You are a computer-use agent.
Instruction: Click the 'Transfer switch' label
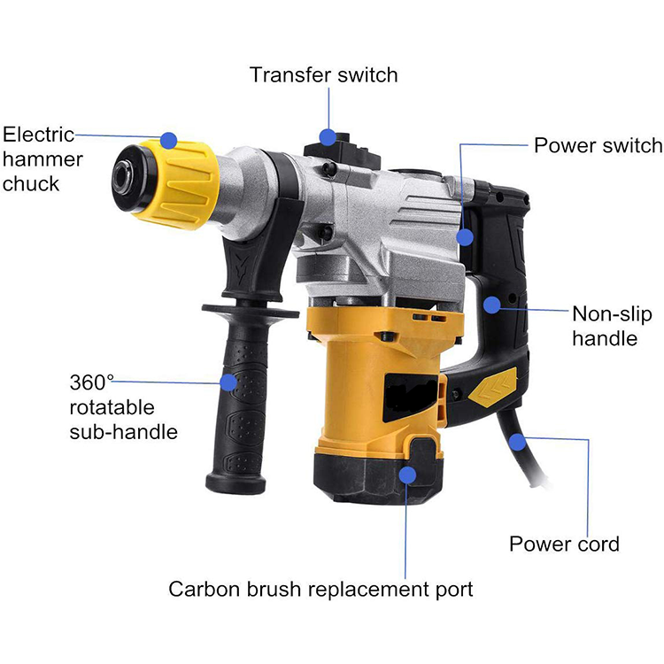[324, 75]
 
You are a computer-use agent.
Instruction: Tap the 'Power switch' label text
[598, 145]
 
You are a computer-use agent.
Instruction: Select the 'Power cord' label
[564, 544]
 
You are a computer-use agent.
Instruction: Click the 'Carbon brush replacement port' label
[320, 589]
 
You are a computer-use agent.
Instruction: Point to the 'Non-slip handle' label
[612, 326]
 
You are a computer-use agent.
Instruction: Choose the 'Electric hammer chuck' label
[42, 159]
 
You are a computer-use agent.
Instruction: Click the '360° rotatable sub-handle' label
[123, 407]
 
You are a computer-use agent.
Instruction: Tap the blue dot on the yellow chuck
[168, 140]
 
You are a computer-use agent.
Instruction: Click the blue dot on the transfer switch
[328, 137]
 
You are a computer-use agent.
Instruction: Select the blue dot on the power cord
[518, 443]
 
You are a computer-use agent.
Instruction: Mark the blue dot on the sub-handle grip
[228, 382]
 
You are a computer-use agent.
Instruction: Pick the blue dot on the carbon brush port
[407, 475]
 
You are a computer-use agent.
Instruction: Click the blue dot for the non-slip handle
[492, 305]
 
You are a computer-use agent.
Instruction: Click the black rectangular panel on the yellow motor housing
[410, 397]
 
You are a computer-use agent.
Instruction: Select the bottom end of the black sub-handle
[235, 483]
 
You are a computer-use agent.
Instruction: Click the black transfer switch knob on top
[342, 148]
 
